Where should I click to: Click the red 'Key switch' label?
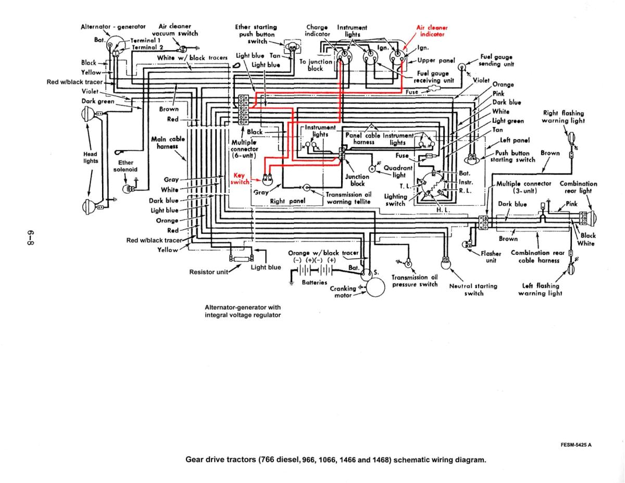pos(240,179)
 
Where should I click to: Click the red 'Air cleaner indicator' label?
pos(432,31)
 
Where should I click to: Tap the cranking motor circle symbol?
pos(375,288)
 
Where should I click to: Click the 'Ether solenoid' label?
pos(126,166)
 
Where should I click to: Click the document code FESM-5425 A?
pos(577,444)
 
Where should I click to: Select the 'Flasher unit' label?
pos(491,257)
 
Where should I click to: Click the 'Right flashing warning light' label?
pos(563,117)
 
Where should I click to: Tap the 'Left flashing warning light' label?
pos(540,289)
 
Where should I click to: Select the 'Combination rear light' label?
pos(578,187)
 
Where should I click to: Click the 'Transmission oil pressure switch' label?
pos(415,281)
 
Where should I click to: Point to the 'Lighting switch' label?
pos(395,200)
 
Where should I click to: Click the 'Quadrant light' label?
pos(398,171)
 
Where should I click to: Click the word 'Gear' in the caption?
pos(196,460)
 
